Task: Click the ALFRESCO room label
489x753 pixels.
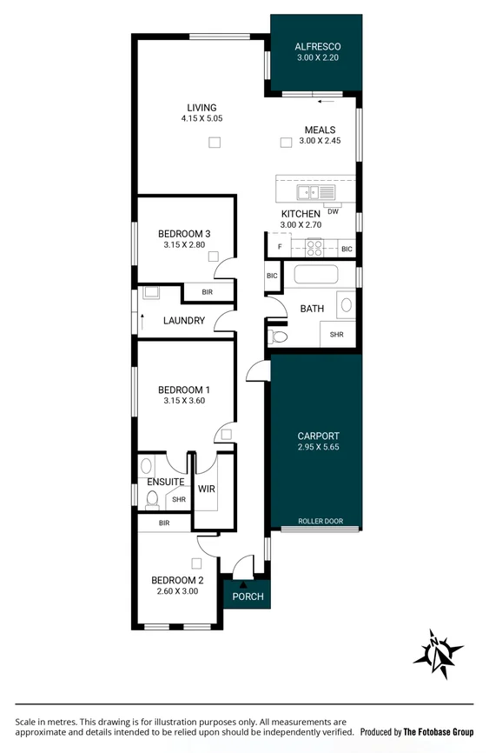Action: tap(317, 46)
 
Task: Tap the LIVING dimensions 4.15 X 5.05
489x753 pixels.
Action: tap(202, 118)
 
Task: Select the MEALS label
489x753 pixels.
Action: tap(319, 130)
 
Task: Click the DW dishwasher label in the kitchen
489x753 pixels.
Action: tap(333, 210)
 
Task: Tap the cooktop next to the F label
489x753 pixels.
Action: tap(314, 248)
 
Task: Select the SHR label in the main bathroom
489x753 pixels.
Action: tap(336, 334)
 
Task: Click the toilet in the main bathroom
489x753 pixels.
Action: tap(278, 336)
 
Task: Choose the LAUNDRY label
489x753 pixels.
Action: tap(183, 321)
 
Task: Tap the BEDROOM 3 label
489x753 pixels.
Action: tap(183, 234)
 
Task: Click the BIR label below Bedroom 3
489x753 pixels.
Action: tap(207, 293)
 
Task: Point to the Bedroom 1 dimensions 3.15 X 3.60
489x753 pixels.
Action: tap(183, 402)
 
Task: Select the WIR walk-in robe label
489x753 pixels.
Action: tap(206, 490)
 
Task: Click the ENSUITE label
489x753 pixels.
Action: tap(165, 482)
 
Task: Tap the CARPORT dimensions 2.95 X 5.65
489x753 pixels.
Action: tap(317, 449)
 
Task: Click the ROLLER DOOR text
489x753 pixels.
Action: tap(320, 522)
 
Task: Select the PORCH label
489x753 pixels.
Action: tap(247, 596)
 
